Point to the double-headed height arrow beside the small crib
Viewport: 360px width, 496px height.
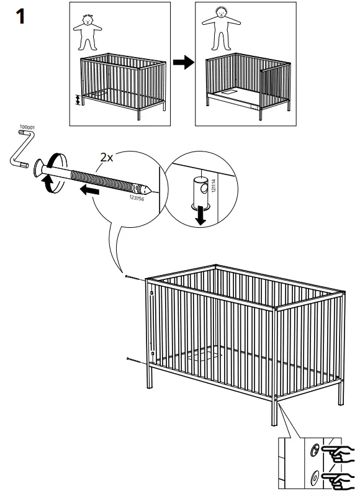(x=78, y=99)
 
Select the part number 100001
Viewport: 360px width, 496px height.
(x=27, y=128)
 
